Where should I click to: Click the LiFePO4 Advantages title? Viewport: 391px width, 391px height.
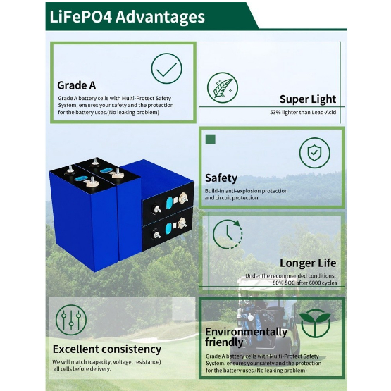coord(128,17)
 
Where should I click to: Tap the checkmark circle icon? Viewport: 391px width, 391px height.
coord(166,68)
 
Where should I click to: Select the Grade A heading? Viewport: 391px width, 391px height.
coord(77,85)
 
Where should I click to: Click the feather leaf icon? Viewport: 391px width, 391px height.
coord(223,87)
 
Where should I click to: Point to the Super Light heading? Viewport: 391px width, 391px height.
coord(308,99)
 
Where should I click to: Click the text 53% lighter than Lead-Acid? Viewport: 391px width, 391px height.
coord(303,112)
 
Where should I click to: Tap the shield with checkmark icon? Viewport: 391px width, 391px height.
coord(315,153)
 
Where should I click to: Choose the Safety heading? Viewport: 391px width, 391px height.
coord(221,178)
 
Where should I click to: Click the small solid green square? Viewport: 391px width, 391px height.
coord(210,139)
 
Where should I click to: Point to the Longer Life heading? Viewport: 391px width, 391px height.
coord(308,263)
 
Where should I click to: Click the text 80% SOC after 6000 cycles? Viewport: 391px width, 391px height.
coord(305,283)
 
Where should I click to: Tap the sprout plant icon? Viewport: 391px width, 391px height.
coord(315,323)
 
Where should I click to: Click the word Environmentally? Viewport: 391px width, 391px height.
coord(246,332)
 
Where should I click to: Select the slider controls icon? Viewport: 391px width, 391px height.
coord(71,320)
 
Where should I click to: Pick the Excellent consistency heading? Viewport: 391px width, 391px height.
coord(107,349)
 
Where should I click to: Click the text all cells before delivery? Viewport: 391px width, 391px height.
coord(82,368)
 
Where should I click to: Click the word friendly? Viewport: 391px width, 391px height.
coord(224,342)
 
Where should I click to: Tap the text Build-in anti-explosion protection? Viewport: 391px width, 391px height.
coord(247,191)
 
